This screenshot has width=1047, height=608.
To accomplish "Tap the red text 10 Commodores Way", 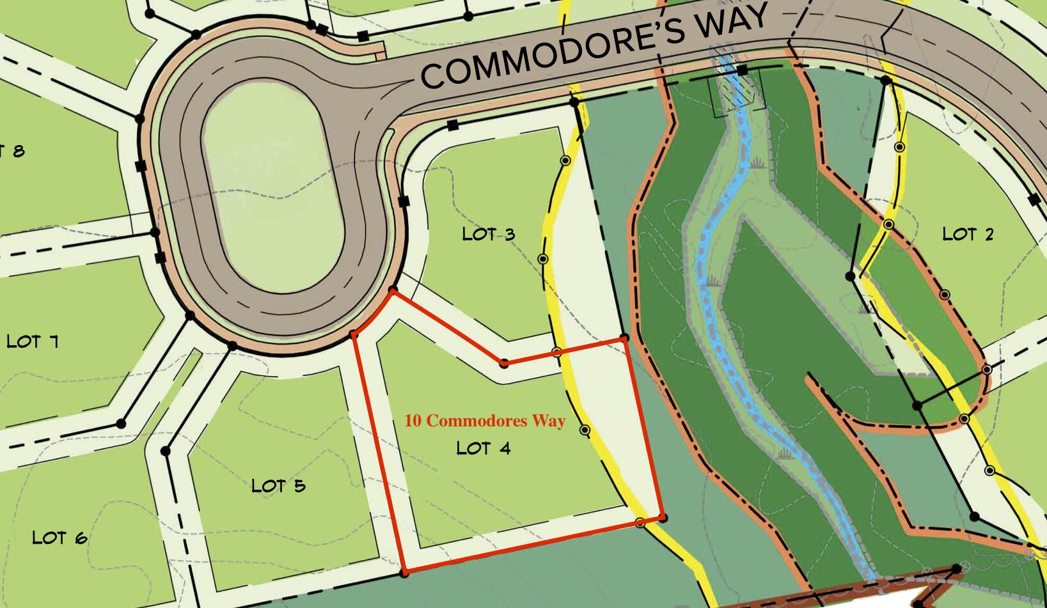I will (485, 421).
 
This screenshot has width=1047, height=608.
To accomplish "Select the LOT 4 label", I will (484, 448).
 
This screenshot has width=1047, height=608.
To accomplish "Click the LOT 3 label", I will (489, 234).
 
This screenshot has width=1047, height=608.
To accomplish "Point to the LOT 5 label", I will (278, 486).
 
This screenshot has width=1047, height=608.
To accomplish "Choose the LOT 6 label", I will (59, 538).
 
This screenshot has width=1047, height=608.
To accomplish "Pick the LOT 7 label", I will (32, 341).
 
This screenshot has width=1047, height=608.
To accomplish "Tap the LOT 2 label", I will (968, 234).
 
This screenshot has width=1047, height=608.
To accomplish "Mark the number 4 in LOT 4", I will (505, 449).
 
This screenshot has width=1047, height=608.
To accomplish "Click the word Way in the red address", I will (549, 421).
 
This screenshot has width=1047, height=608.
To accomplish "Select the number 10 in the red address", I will (413, 421).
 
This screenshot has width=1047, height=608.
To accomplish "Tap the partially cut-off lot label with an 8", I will (13, 151).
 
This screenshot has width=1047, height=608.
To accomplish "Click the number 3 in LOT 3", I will (509, 235).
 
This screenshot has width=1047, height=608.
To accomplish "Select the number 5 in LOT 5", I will (299, 487).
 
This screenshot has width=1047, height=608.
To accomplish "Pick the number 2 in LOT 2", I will (989, 235).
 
